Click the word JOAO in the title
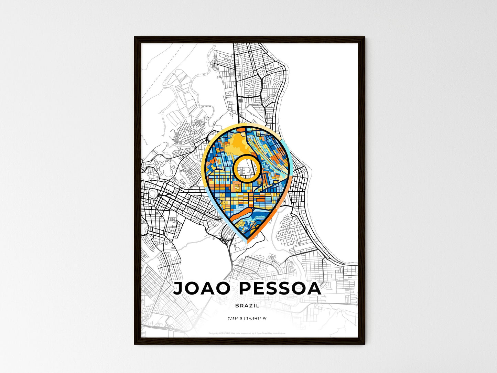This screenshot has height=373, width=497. click(201, 288)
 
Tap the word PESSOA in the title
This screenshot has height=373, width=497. click(280, 288)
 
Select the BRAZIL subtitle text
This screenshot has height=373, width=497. click(247, 306)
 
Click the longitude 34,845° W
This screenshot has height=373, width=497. click(257, 319)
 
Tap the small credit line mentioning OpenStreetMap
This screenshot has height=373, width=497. click(247, 333)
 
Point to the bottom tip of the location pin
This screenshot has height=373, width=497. click(247, 242)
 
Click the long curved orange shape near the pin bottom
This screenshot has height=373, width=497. click(241, 213)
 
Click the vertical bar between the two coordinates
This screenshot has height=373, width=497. click(245, 319)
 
